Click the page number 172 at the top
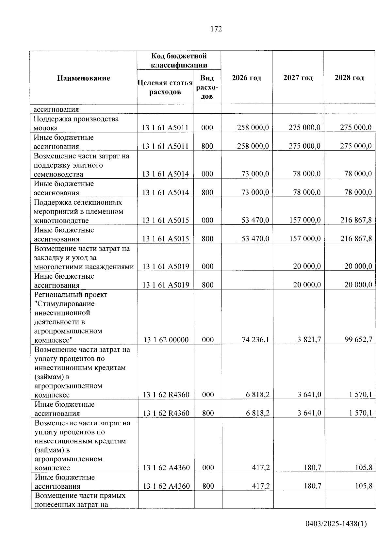click(x=216, y=29)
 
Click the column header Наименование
click(x=84, y=78)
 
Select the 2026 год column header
click(x=246, y=78)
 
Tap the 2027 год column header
click(x=298, y=78)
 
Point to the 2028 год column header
click(x=349, y=78)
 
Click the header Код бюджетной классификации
click(x=179, y=60)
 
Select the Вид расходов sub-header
click(x=207, y=87)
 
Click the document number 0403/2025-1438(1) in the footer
click(x=336, y=524)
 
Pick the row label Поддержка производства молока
click(x=76, y=123)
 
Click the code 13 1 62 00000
click(x=166, y=340)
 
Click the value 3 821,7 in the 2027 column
click(x=309, y=340)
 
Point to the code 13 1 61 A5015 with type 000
click(x=165, y=220)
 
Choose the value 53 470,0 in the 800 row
click(x=255, y=239)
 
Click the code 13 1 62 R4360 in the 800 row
click(x=166, y=413)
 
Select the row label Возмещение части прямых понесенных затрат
click(x=80, y=500)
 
